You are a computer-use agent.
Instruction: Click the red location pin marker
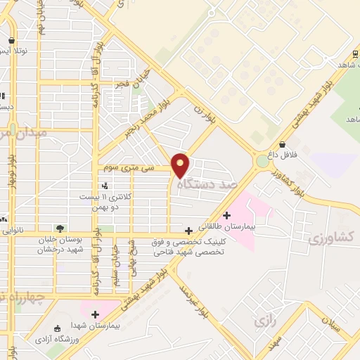pyautogui.click(x=181, y=165)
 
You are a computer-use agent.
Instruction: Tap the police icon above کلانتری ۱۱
pyautogui.click(x=105, y=186)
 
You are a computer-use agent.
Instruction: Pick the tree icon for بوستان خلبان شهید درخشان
pyautogui.click(x=60, y=229)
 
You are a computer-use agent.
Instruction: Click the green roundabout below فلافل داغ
pyautogui.click(x=262, y=162)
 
